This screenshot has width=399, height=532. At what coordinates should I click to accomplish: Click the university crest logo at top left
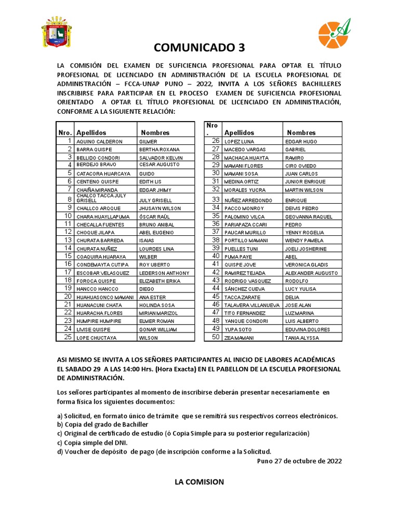(x=57, y=32)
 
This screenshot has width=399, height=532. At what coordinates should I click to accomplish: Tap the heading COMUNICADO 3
(x=199, y=48)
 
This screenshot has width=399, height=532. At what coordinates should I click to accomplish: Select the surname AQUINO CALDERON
(x=99, y=141)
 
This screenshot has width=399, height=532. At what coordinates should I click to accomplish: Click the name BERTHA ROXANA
(x=159, y=150)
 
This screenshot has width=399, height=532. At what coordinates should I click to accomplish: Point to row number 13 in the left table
(x=68, y=241)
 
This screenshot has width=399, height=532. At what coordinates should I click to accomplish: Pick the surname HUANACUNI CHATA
(x=99, y=305)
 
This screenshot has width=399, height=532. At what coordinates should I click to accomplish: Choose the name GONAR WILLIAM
(x=158, y=329)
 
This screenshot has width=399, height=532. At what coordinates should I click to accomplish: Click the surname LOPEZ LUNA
(x=239, y=141)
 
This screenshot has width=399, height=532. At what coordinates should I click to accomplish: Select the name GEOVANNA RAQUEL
(x=309, y=216)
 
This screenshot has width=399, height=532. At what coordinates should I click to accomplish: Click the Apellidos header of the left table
(x=91, y=132)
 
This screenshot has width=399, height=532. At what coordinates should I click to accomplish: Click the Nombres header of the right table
(x=301, y=132)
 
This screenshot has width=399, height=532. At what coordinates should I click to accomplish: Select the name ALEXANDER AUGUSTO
(x=311, y=273)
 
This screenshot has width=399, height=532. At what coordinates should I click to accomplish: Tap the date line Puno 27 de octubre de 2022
(x=300, y=461)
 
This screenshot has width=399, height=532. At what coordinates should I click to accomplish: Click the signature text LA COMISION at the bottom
(x=199, y=482)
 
